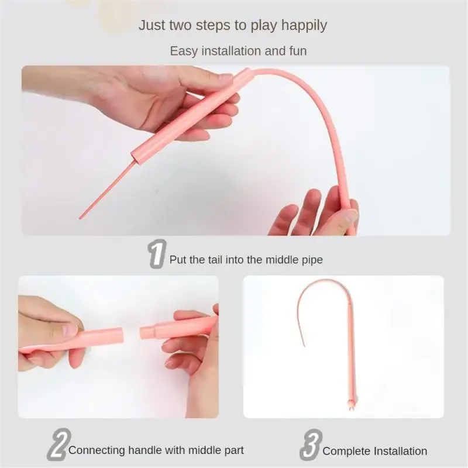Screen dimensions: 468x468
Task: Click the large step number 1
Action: [157, 254]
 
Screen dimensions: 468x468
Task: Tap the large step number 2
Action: [59, 444]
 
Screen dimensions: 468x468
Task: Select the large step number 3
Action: [311, 445]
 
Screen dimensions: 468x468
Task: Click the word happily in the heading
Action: [304, 26]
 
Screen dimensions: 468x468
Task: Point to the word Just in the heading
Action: [152, 25]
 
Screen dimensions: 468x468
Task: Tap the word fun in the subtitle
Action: [298, 51]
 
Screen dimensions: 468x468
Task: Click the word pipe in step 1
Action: [312, 260]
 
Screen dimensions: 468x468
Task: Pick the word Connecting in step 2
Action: [97, 450]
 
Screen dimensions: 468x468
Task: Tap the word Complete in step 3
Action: [347, 451]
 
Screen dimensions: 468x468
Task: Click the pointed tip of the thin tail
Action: [80, 218]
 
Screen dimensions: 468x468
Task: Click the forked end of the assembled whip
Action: [350, 405]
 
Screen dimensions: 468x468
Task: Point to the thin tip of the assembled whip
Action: [304, 346]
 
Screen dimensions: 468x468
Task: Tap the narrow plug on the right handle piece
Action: [147, 332]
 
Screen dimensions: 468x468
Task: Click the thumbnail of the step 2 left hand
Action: [70, 331]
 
